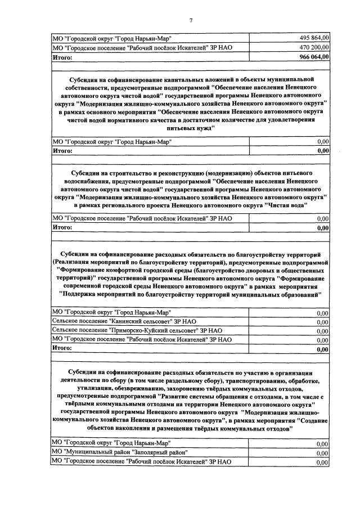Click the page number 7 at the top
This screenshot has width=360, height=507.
coord(191,21)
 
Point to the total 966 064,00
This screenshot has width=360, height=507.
coord(313,57)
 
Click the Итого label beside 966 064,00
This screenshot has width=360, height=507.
coord(62,57)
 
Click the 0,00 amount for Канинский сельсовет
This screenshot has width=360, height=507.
coord(322,322)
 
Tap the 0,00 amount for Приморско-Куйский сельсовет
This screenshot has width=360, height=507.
coord(322,331)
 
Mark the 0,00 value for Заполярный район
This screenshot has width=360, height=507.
coord(322,453)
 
